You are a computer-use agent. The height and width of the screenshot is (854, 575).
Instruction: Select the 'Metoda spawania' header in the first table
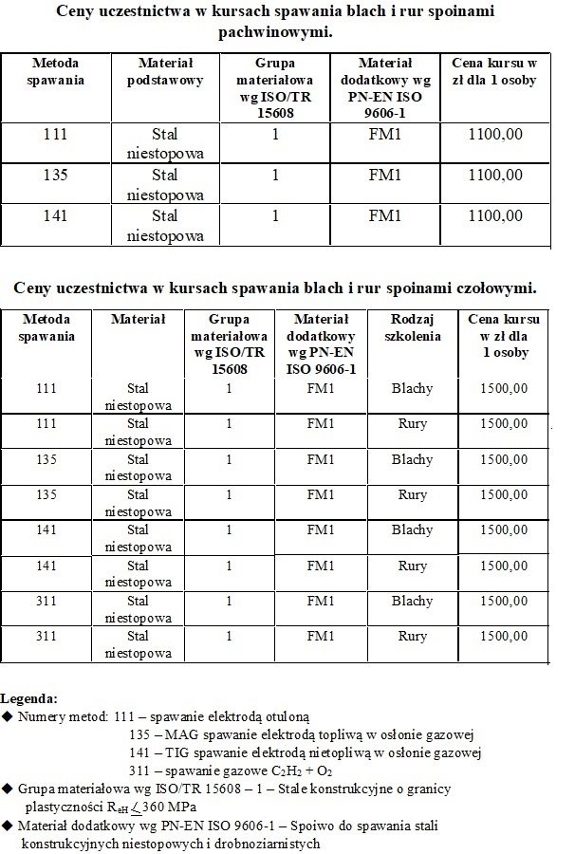(56, 71)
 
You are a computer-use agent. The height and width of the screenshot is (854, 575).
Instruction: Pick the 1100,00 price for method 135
(495, 175)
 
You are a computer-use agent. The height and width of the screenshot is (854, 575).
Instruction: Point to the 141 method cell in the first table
(56, 215)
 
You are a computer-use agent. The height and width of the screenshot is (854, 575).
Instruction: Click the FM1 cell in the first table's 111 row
(385, 134)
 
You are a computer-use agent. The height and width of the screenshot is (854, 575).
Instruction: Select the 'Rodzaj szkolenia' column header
(413, 327)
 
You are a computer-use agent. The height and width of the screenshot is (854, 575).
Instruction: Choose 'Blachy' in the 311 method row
(413, 601)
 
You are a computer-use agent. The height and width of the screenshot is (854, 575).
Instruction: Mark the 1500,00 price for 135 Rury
(505, 494)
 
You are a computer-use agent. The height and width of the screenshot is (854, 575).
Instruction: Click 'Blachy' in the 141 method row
(413, 529)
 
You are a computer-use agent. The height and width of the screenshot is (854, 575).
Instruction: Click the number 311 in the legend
(139, 770)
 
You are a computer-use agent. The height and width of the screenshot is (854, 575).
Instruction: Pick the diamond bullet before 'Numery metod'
(9, 715)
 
